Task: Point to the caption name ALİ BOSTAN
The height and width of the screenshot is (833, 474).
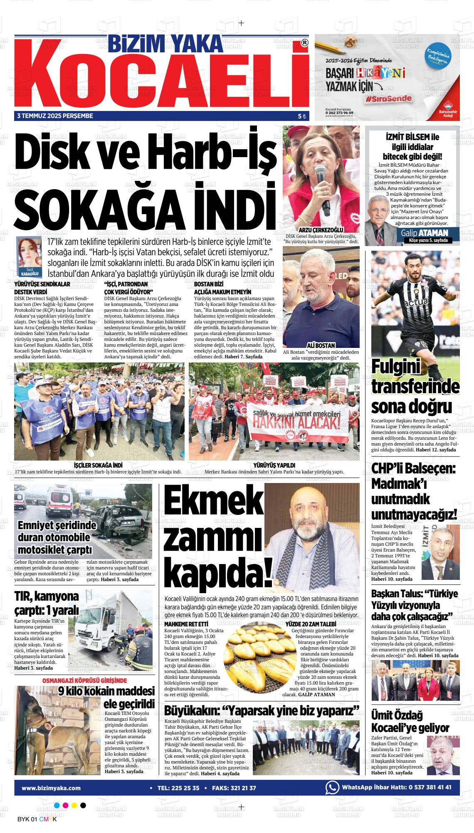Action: (x=321, y=345)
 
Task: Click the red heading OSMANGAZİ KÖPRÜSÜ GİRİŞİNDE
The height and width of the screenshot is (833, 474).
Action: (x=85, y=681)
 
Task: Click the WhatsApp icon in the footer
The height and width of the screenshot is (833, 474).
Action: (x=332, y=788)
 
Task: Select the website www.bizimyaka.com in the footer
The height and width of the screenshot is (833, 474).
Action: (x=51, y=788)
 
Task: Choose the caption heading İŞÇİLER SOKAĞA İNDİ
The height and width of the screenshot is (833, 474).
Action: (x=98, y=465)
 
